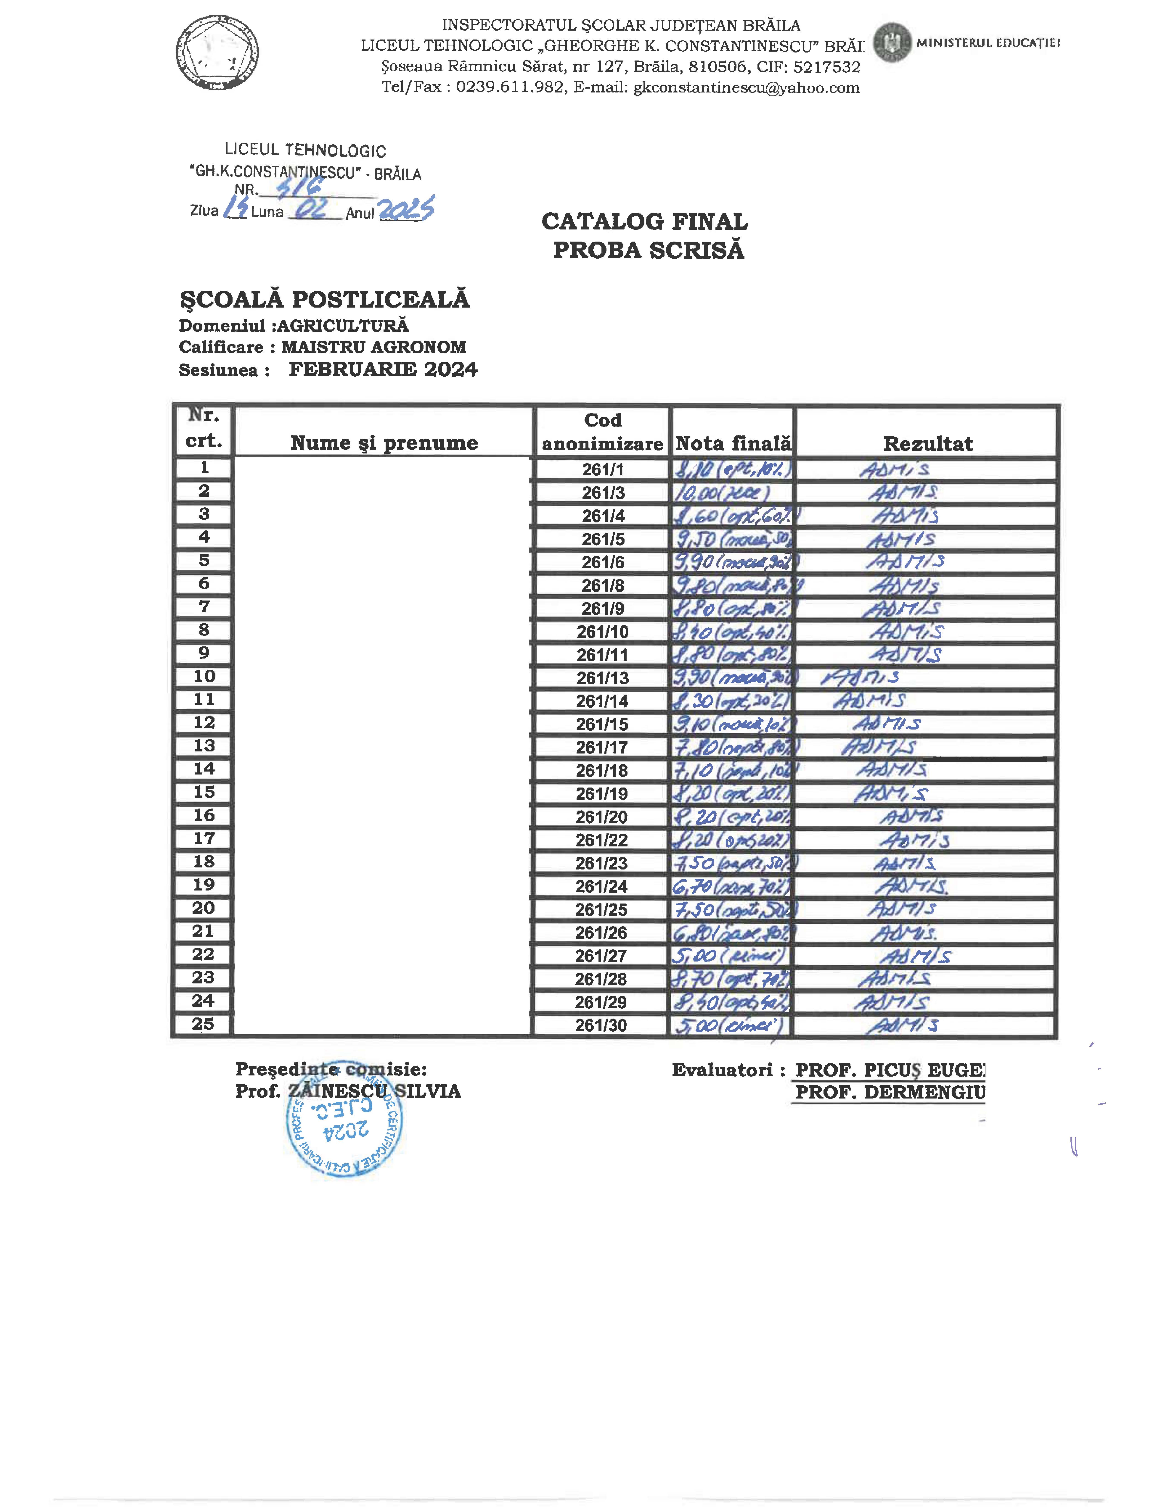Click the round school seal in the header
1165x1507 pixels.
217,53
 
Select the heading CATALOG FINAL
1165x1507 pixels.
645,221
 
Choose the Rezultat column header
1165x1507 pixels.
928,444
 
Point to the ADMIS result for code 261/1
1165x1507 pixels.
895,470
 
